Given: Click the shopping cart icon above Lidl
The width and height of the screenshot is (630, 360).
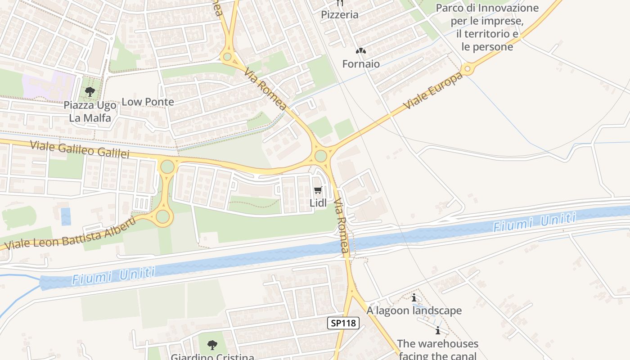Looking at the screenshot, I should (x=318, y=190).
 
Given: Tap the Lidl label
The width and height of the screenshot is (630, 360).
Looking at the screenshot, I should (x=318, y=203).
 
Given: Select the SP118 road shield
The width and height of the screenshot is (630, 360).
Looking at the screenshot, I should (x=343, y=323).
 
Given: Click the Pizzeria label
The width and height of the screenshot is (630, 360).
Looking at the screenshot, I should (x=340, y=15).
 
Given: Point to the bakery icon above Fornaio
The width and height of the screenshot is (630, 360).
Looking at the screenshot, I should (x=360, y=51).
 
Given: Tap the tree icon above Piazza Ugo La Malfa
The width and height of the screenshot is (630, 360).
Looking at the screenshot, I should (x=90, y=92).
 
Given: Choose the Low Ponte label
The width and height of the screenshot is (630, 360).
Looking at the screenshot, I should (x=148, y=102).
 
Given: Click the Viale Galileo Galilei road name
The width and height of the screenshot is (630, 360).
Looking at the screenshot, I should (x=80, y=149).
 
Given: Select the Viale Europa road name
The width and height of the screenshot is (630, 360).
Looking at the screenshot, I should (x=432, y=91).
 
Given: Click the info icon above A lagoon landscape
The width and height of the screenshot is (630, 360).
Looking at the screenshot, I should (x=414, y=297).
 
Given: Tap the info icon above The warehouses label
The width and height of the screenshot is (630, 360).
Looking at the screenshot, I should (x=437, y=331).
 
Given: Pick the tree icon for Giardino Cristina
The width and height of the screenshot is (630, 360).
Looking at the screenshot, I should (x=212, y=345).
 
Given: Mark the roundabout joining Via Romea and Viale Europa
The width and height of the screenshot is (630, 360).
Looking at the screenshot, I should (x=320, y=156).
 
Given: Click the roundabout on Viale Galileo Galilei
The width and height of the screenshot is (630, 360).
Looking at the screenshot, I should (x=167, y=166).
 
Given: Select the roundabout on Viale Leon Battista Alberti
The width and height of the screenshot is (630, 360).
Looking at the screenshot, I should (x=162, y=216).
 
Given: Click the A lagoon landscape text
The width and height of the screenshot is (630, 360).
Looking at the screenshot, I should (x=414, y=310).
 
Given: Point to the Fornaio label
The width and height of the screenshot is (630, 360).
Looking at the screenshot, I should (x=361, y=64).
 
